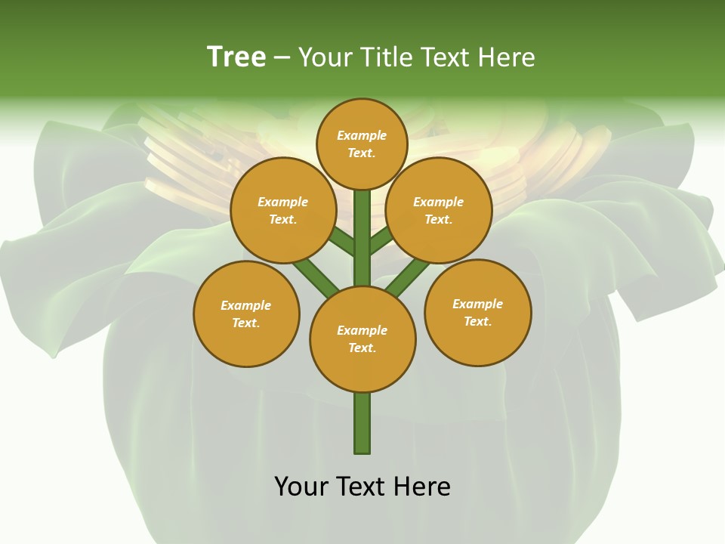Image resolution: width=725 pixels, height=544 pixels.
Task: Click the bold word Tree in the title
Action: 236,57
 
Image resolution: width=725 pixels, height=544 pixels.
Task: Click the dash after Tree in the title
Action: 282,57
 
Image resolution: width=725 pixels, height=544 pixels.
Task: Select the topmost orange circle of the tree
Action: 362,144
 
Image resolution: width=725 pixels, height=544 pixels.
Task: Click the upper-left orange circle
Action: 283,210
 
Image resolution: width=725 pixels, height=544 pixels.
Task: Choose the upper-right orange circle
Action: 439,210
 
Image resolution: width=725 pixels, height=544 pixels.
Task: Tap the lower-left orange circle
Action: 246,314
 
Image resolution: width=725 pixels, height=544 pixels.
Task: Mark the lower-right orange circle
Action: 477,312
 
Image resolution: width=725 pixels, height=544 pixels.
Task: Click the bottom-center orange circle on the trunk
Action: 362,339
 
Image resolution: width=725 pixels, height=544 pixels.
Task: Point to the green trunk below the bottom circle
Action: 362,423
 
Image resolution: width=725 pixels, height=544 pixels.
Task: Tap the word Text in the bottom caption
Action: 362,487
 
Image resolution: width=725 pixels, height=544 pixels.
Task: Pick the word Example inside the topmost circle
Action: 362,136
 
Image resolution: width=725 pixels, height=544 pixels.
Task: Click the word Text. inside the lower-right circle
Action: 477,322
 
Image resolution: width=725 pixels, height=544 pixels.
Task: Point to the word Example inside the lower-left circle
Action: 246,306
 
